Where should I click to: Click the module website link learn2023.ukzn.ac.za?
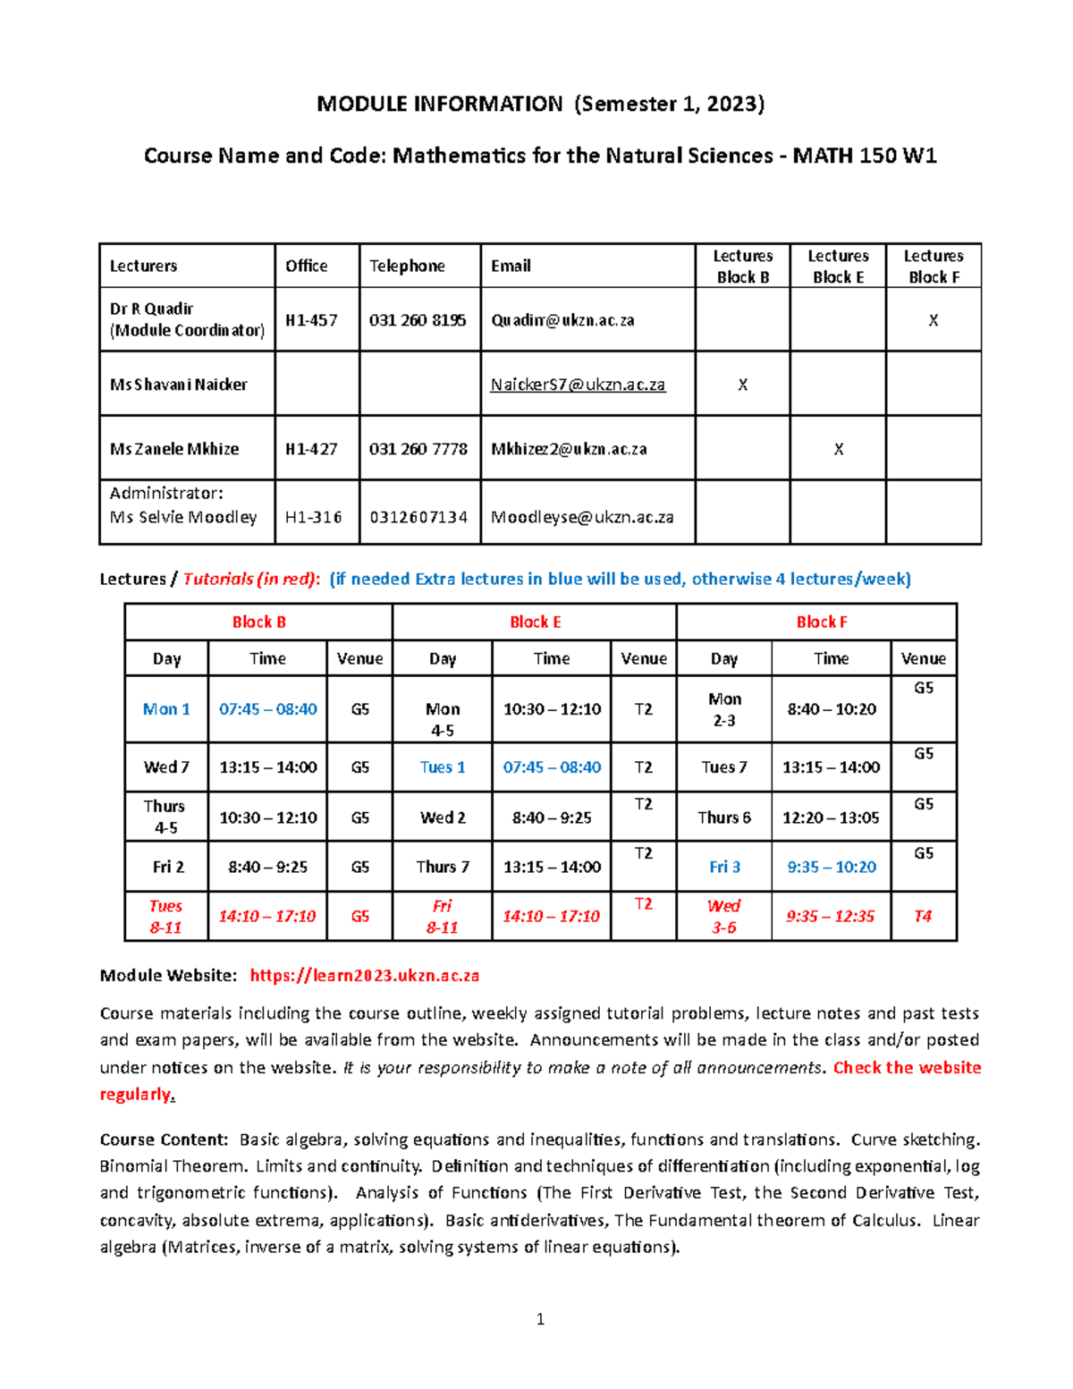[x=364, y=975]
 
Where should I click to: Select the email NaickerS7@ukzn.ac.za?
[x=578, y=385]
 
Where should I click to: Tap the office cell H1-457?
[x=311, y=320]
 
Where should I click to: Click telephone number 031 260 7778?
[x=418, y=449]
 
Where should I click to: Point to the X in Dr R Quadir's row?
[x=933, y=320]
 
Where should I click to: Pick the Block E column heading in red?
[x=535, y=622]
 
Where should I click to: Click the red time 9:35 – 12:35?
[x=830, y=916]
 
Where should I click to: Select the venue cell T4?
[x=923, y=916]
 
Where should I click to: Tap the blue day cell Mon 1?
[x=166, y=709]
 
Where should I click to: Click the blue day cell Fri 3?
[x=724, y=867]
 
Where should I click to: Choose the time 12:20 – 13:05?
[x=830, y=817]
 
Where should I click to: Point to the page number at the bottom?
[x=540, y=1318]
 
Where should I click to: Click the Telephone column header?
[x=407, y=266]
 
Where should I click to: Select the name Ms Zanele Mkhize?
[x=174, y=449]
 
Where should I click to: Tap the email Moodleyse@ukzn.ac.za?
[x=582, y=517]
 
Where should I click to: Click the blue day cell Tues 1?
[x=443, y=767]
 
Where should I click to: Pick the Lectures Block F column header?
[x=934, y=267]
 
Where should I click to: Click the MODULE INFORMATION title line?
[x=540, y=104]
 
